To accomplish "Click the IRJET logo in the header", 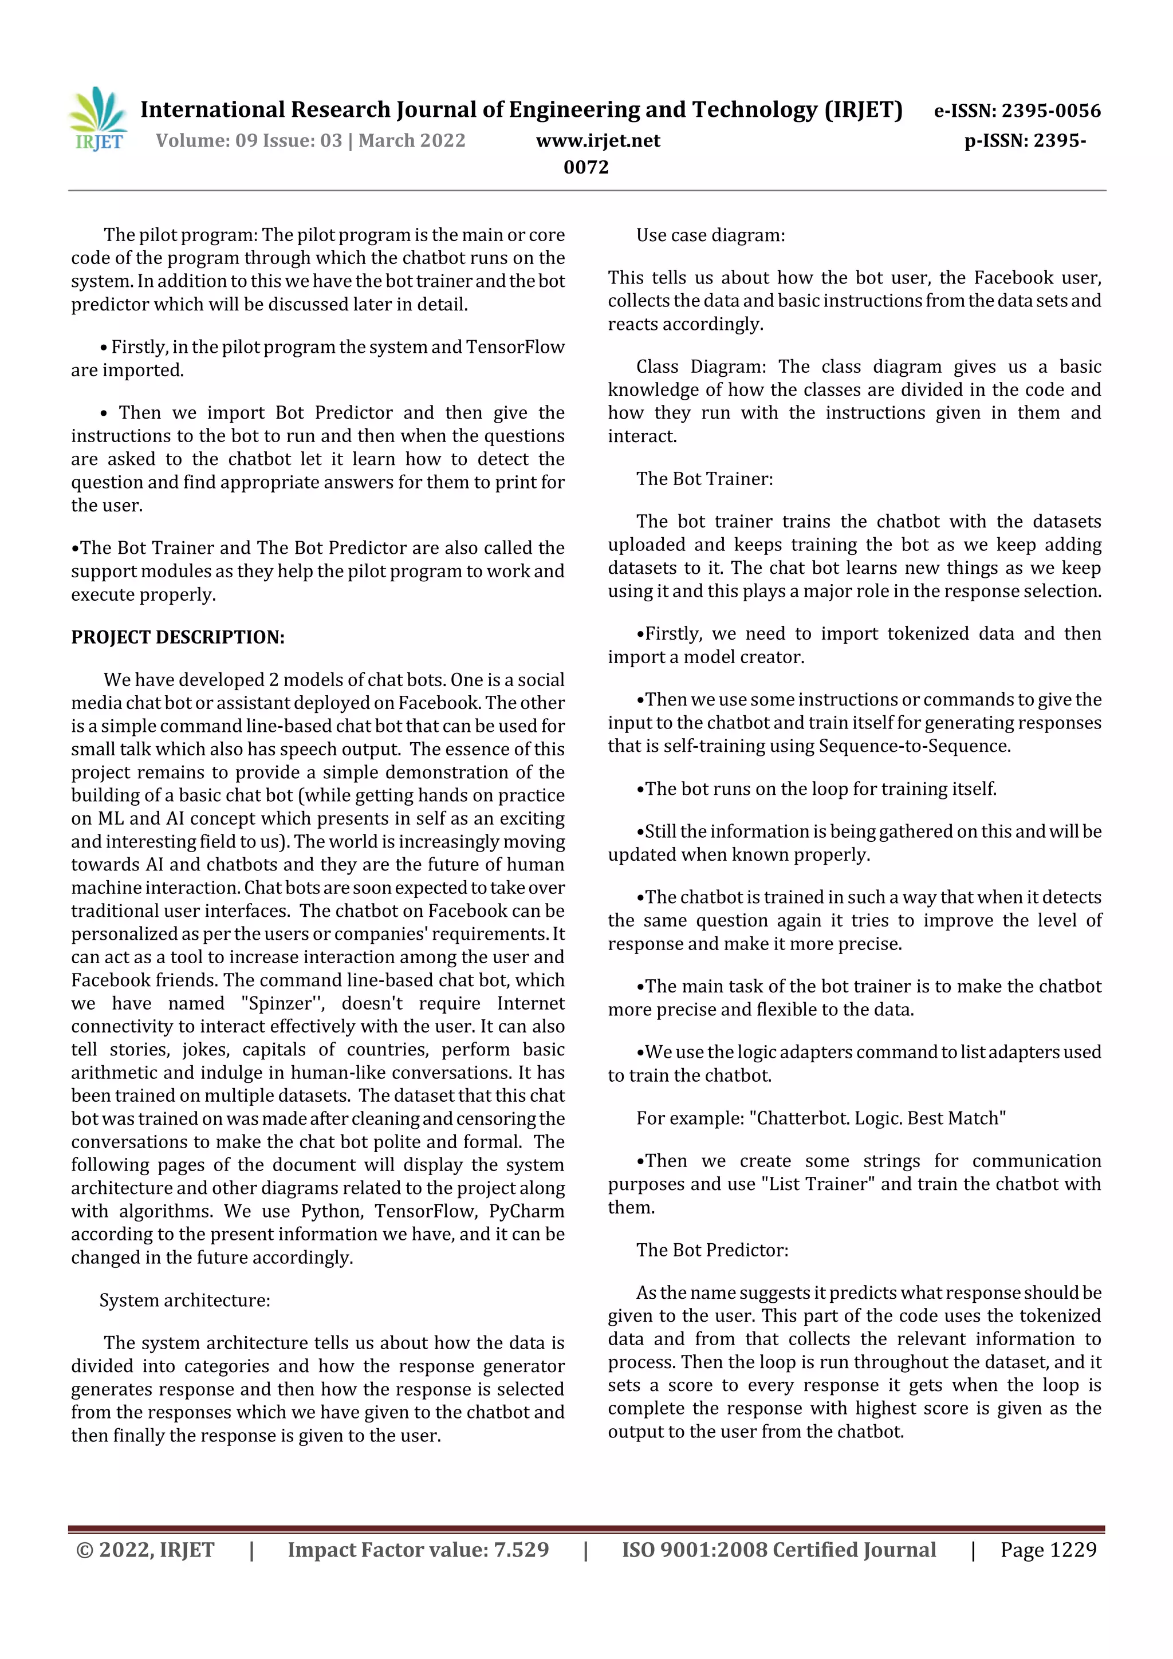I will [97, 120].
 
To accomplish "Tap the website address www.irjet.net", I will [598, 140].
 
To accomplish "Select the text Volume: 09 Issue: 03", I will [249, 140].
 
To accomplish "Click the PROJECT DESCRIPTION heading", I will [178, 637].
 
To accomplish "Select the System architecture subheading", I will [184, 1300].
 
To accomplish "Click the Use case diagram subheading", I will [710, 235].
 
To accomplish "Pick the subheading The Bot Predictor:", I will [712, 1250].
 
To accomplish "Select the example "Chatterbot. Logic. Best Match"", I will [877, 1118].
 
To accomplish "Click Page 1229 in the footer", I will [1048, 1549].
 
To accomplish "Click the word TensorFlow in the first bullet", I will [514, 347].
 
